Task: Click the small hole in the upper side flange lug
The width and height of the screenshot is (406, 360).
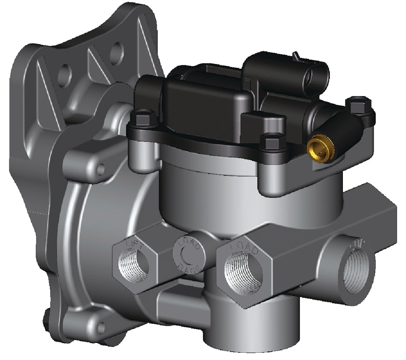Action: pos(101,170)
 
